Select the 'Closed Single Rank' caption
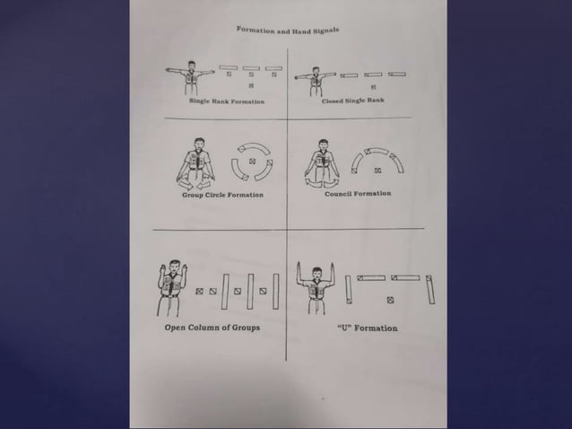352,101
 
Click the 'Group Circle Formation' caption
222,195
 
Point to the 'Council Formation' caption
357,193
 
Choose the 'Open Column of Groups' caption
212,328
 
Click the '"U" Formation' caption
367,328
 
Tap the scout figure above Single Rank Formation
190,78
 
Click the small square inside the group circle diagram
252,162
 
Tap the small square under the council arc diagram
376,169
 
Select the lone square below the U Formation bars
390,300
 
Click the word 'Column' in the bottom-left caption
208,328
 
